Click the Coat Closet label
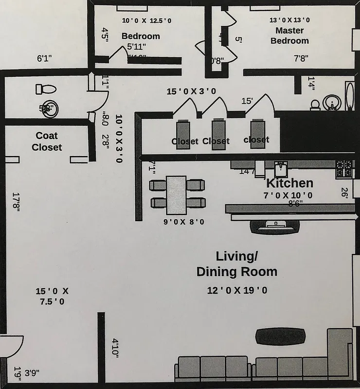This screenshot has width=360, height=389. tap(47, 141)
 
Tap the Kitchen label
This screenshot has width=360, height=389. tap(289, 183)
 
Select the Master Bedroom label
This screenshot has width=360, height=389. tap(289, 35)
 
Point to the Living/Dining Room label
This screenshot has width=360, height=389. tap(237, 264)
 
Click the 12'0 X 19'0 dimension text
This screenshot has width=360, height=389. tap(237, 290)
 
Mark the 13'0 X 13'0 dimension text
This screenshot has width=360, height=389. tap(290, 20)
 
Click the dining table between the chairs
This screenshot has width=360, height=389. tap(176, 194)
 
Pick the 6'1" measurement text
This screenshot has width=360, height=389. tap(44, 59)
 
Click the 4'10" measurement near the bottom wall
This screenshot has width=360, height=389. tap(115, 348)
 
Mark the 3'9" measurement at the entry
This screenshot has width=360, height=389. tap(32, 373)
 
